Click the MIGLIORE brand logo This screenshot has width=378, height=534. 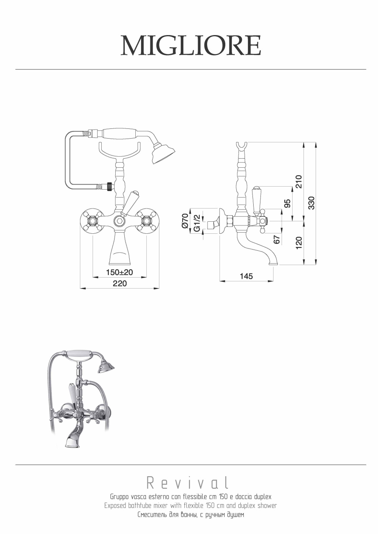click(x=191, y=46)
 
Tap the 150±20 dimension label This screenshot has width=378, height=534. click(x=119, y=272)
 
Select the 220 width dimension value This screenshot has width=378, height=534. click(x=119, y=284)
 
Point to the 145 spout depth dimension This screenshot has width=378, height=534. click(x=246, y=276)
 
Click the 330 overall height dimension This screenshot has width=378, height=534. click(x=311, y=203)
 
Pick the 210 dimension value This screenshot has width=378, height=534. click(x=299, y=181)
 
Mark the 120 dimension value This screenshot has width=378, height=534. click(x=299, y=243)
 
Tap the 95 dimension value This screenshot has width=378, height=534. click(x=288, y=203)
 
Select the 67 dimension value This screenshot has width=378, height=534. click(x=276, y=239)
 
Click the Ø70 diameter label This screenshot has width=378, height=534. click(x=186, y=221)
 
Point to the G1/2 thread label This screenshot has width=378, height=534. click(x=197, y=223)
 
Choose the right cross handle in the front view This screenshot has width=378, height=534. click(x=146, y=221)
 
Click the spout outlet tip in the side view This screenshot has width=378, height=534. click(x=273, y=264)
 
